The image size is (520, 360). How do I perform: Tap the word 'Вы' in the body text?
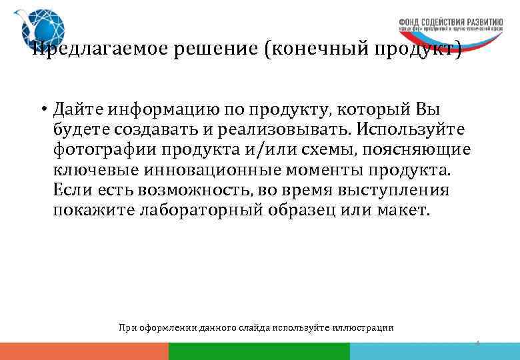[x=427, y=109]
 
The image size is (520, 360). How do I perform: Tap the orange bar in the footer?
[x=84, y=351]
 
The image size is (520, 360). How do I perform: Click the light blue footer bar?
[x=434, y=351]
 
